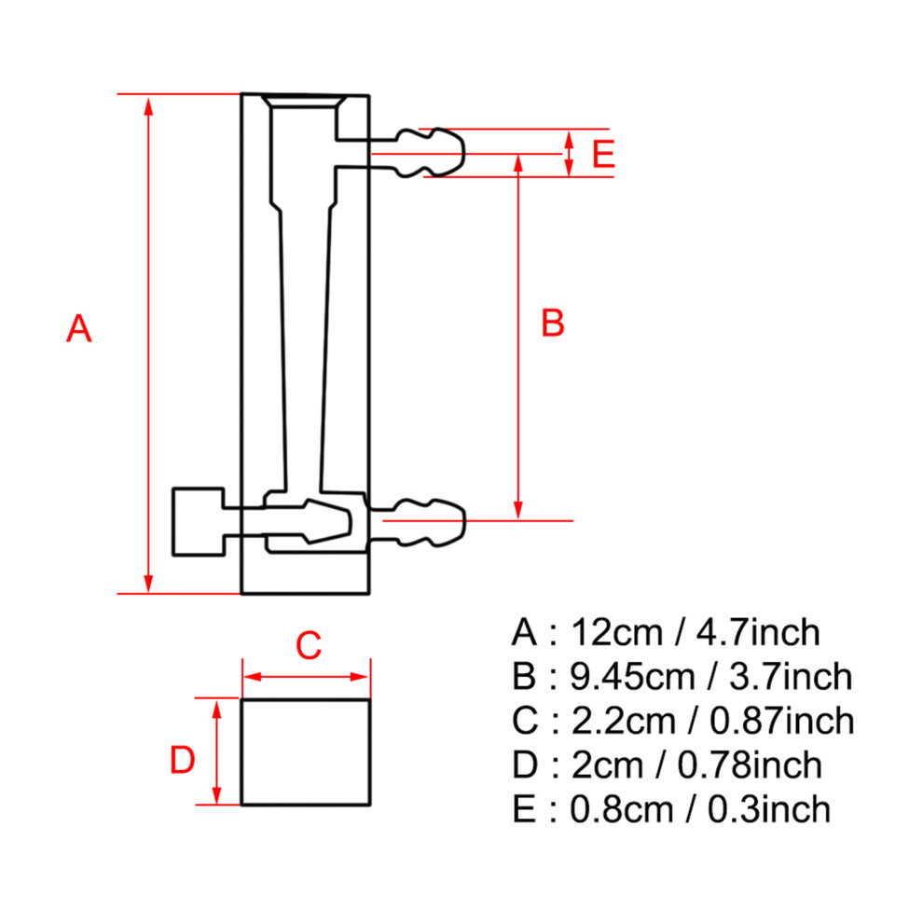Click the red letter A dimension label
(79, 328)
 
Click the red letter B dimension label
(553, 324)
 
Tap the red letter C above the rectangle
(308, 644)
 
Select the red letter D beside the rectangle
(182, 761)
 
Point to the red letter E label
(604, 154)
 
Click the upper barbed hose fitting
(431, 152)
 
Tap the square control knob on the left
(199, 521)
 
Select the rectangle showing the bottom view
(306, 751)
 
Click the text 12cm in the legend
(613, 632)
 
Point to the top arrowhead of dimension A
(147, 104)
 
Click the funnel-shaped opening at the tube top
(304, 102)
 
